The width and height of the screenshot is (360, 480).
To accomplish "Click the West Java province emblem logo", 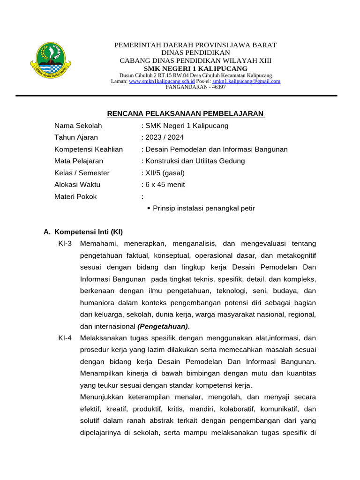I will (51, 60).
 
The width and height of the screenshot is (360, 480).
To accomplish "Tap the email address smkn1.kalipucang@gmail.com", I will (246, 81).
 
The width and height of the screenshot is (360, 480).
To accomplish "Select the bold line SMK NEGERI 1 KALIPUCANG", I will (195, 68).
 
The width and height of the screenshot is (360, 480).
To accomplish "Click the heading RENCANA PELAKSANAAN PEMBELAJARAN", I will (186, 113).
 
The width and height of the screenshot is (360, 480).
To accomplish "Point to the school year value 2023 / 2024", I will (165, 137).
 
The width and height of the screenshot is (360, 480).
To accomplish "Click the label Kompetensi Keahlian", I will (89, 149).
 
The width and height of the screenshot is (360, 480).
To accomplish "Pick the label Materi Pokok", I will (75, 196).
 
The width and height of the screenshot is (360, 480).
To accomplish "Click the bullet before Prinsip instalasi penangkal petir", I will (149, 208).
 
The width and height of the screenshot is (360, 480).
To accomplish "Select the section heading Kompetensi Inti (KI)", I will (89, 232).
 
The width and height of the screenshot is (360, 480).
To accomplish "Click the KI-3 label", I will (65, 243).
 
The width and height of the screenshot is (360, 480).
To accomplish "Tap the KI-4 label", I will (65, 337).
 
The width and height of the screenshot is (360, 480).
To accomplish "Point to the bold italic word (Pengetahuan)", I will (163, 326).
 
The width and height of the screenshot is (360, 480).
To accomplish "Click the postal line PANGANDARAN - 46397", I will (195, 87).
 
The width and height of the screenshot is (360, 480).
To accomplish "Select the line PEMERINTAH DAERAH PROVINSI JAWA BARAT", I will (195, 45).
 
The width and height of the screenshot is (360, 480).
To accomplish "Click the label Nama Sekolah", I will (78, 126).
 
